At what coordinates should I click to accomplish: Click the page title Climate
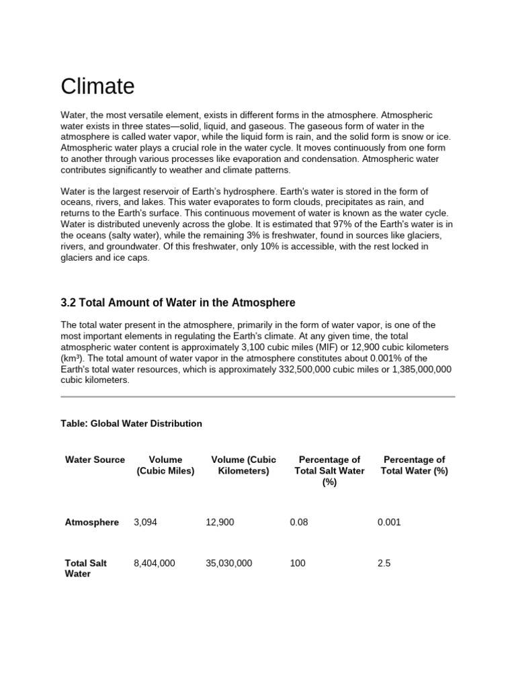97,87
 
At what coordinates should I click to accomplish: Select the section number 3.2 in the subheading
69,303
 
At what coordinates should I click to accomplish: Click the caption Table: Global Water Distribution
131,424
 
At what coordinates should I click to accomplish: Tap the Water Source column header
95,460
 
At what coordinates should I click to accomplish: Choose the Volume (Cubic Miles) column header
165,466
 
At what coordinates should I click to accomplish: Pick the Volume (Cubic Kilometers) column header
243,466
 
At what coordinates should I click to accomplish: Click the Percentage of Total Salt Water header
329,471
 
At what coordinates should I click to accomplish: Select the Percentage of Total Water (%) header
414,466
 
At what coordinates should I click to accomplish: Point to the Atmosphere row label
91,522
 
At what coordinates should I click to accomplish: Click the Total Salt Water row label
85,568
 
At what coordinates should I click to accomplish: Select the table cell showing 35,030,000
229,563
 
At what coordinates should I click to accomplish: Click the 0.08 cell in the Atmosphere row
299,522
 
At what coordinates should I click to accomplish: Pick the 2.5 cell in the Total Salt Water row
384,563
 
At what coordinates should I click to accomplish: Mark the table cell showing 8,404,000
155,563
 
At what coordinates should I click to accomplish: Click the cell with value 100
297,563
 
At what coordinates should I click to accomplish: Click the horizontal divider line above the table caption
258,396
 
